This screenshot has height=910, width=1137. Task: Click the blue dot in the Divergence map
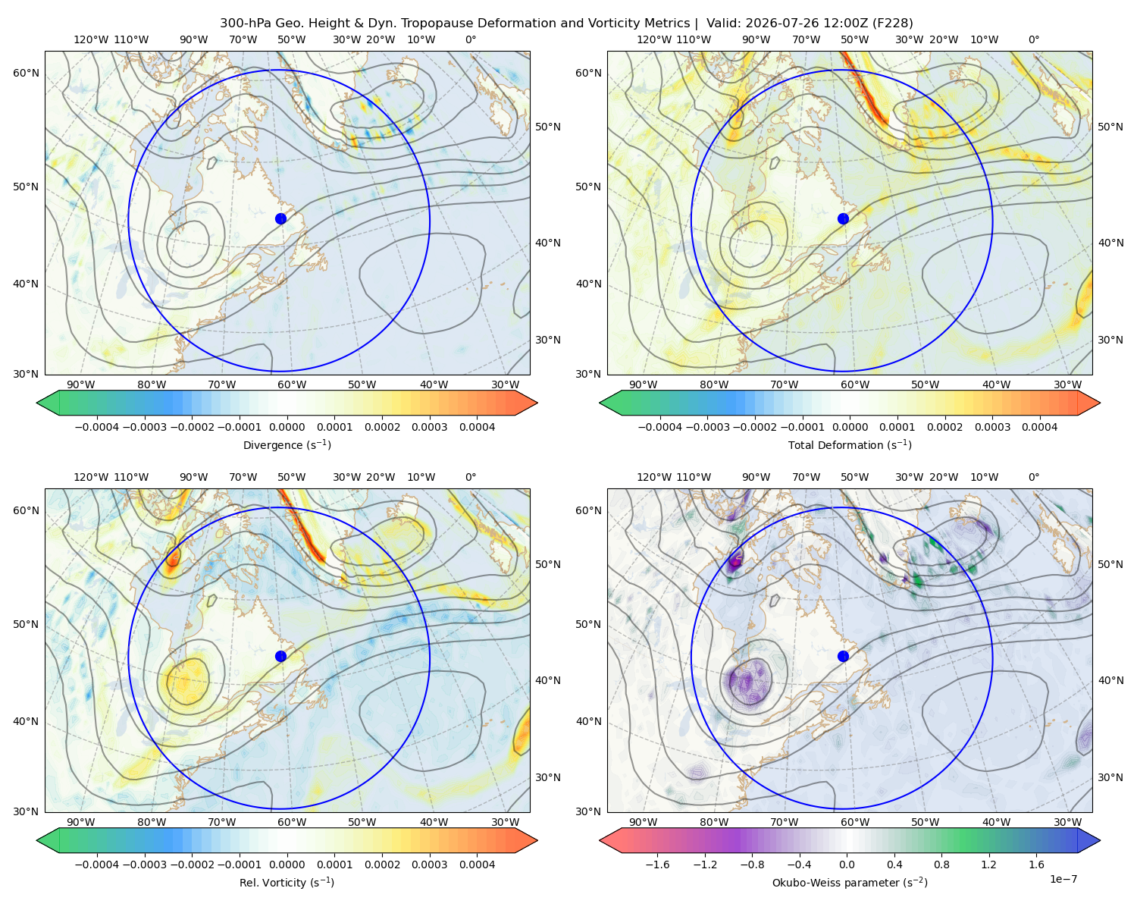(280, 218)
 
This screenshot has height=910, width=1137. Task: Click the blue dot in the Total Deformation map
(843, 218)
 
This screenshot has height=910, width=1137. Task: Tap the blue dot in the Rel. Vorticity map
(280, 656)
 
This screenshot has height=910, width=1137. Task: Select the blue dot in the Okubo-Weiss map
(843, 656)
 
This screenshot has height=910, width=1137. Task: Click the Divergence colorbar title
(287, 444)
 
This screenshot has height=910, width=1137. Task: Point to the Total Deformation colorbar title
(850, 444)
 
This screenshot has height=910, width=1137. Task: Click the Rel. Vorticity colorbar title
(287, 882)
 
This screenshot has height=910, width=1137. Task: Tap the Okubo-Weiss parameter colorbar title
(850, 882)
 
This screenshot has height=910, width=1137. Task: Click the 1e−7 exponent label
(1063, 879)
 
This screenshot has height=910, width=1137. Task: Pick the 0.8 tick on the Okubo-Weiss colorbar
(941, 864)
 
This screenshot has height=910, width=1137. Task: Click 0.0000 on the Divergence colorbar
(287, 427)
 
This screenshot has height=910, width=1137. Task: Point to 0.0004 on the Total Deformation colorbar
(1039, 427)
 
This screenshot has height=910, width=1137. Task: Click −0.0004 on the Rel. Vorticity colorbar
(97, 864)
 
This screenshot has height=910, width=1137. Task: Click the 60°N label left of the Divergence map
(26, 73)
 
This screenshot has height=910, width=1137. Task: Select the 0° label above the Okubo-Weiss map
(1033, 477)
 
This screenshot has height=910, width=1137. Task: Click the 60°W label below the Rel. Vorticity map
(292, 822)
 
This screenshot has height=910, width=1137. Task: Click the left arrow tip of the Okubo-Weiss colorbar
(600, 839)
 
